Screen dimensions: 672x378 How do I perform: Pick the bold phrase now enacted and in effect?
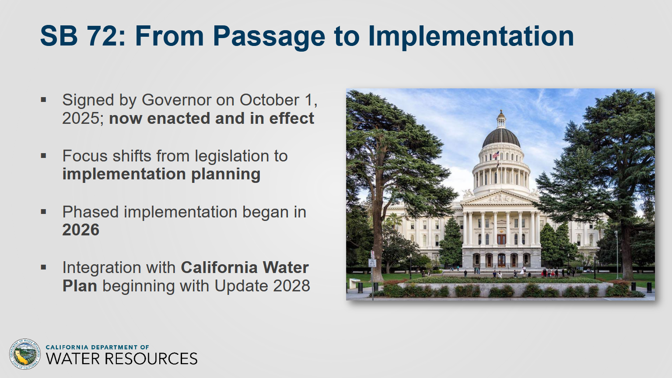[211, 118]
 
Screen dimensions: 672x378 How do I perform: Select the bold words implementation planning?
[161, 174]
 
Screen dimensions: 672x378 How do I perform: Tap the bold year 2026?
[80, 230]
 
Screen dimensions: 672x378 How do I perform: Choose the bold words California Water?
[245, 268]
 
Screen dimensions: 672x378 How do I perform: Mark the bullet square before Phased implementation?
[43, 211]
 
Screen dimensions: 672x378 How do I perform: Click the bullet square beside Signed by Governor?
[43, 100]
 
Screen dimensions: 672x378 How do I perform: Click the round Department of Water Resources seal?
[25, 354]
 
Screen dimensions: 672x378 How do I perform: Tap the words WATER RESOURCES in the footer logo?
[122, 359]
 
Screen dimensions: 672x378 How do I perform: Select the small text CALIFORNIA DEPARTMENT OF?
[97, 347]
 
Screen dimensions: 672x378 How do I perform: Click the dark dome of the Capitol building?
[501, 137]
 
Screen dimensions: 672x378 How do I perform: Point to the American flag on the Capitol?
[496, 155]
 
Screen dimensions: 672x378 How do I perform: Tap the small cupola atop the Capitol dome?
[501, 119]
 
